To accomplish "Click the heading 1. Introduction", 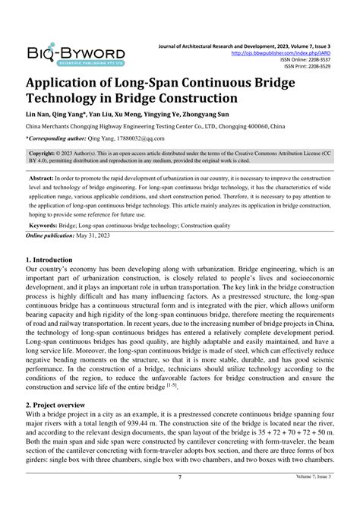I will (55, 260).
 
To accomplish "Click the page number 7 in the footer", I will (179, 498).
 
